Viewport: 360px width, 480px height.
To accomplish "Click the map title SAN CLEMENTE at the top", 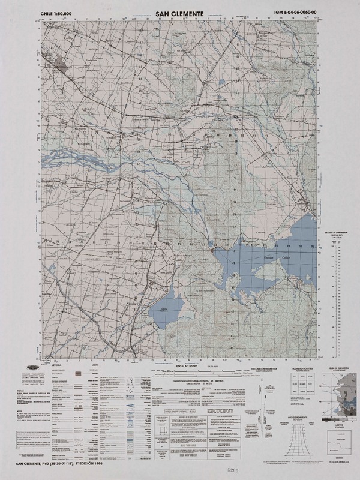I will (179, 12).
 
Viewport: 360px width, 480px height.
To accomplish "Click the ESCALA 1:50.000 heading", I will (185, 365).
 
